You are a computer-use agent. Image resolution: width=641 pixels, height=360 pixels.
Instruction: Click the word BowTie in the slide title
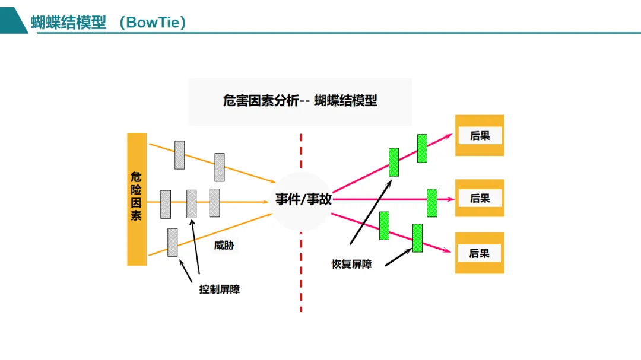[153, 23]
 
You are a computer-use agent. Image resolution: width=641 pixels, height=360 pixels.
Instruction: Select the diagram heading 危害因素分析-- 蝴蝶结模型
[300, 100]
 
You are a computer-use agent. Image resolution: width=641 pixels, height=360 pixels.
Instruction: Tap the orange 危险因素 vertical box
[137, 199]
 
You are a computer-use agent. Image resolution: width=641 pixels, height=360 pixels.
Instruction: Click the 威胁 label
[224, 244]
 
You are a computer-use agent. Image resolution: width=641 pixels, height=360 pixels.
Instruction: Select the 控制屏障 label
[220, 289]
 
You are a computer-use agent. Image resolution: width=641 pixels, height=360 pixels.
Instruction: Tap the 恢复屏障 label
[351, 264]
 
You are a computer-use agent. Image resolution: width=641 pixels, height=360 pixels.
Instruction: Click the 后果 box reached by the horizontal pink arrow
[480, 198]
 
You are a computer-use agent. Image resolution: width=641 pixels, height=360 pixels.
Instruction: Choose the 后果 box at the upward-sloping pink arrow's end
[480, 135]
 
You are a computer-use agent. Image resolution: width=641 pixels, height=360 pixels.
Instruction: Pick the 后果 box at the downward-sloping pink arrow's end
[480, 253]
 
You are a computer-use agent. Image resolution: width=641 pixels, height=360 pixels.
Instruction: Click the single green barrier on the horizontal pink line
[432, 203]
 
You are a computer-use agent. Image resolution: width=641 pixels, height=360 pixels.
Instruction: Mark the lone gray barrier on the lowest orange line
[172, 242]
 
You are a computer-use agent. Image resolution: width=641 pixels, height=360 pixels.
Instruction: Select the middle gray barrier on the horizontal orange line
[191, 203]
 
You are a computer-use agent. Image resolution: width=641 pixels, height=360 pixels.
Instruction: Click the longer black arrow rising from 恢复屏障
[369, 214]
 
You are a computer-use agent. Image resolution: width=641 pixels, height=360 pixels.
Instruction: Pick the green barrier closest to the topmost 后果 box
[422, 148]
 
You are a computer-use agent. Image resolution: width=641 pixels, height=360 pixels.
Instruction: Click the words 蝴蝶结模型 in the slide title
[68, 23]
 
